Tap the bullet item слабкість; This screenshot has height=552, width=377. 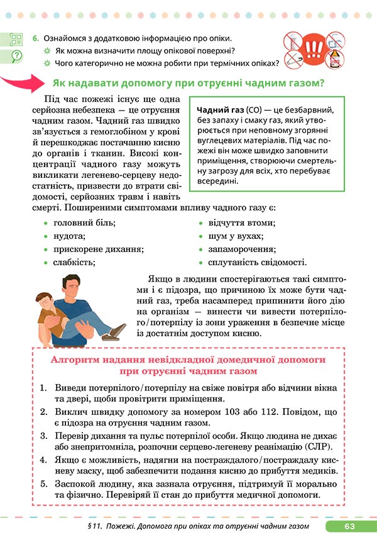click(74, 263)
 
